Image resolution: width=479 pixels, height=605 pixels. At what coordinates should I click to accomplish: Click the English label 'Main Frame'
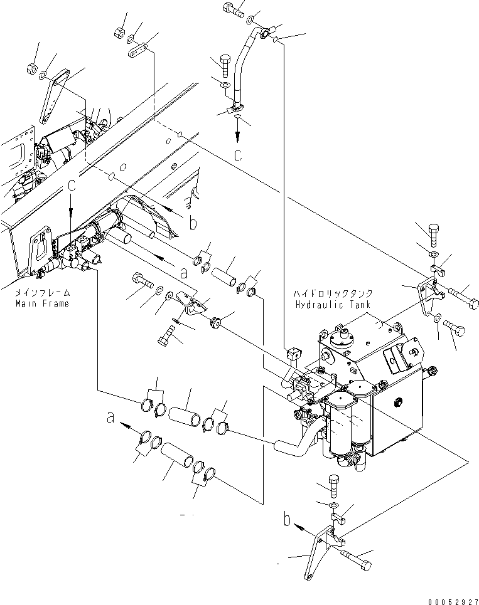[42, 303]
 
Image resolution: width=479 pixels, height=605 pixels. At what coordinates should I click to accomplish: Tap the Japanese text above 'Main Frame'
[42, 293]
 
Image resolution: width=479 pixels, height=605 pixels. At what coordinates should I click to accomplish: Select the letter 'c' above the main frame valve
[72, 187]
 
